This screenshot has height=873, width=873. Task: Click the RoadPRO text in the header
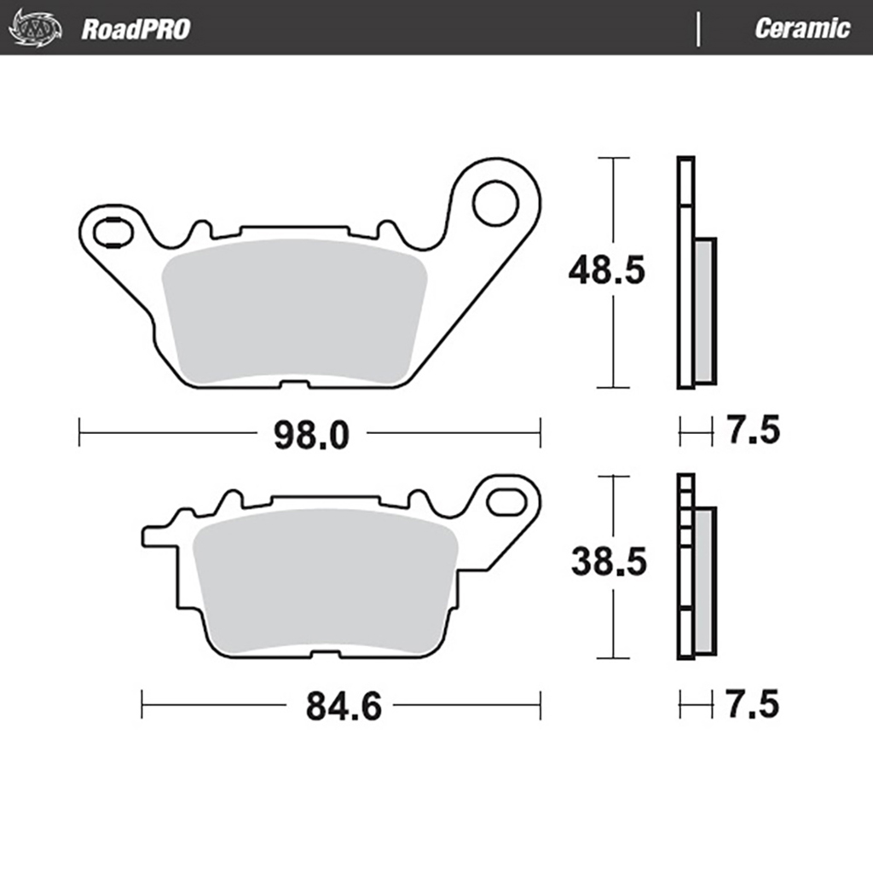(x=136, y=29)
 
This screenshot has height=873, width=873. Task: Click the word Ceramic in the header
(x=801, y=28)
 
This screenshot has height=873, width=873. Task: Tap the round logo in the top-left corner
(x=35, y=28)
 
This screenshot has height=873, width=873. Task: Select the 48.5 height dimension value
(x=608, y=272)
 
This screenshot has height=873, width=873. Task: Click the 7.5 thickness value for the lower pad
(x=753, y=705)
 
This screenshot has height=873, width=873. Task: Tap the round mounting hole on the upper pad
(x=495, y=203)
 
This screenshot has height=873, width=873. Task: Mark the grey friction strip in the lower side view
(x=705, y=580)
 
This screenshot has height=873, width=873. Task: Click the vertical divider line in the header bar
(x=699, y=28)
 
